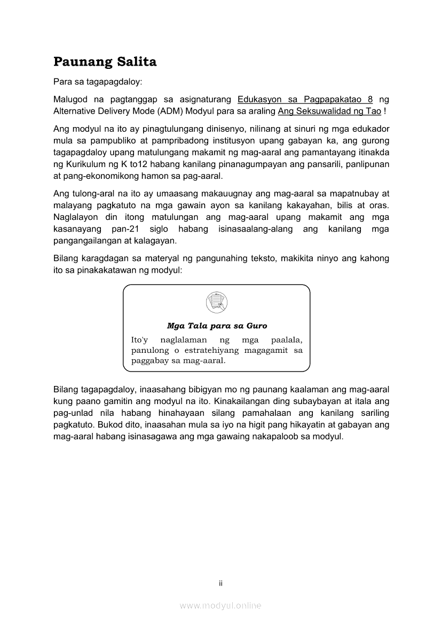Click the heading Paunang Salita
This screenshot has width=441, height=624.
coord(105,62)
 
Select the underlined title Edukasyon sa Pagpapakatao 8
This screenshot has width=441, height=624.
coord(305,99)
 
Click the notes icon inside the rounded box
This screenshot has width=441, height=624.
coord(216,303)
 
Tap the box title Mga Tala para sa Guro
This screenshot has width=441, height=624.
coord(217,326)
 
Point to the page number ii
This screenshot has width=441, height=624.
coord(220,583)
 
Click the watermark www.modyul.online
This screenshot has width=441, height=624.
coord(220,605)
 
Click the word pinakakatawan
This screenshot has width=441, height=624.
coord(113,270)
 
